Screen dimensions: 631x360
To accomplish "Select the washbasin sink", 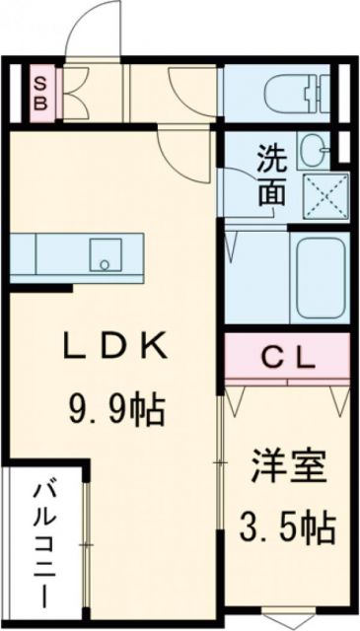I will tap(313, 149).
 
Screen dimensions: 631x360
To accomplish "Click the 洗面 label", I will tap(273, 175).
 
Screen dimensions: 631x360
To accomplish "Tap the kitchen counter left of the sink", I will tap(54, 255).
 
